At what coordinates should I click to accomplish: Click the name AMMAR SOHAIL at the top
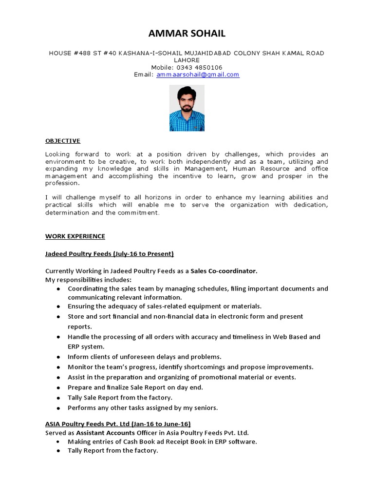pos(187,33)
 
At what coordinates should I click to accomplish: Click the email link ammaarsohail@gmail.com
pos(198,75)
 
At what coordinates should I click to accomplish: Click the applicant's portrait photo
pos(187,108)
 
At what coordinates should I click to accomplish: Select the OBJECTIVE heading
pos(63,141)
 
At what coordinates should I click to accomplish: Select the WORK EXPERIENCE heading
pos(75,236)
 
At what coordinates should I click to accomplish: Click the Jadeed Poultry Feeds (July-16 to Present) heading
pos(110,254)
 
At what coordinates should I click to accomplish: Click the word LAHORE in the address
pos(187,60)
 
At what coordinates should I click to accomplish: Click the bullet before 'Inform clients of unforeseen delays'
pos(58,357)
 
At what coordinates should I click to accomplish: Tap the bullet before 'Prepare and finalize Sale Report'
pos(58,387)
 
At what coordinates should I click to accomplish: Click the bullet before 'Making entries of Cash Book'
pos(58,441)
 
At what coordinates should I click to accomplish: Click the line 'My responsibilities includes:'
pos(88,280)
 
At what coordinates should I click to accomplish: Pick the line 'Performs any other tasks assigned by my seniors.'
pos(143,407)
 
